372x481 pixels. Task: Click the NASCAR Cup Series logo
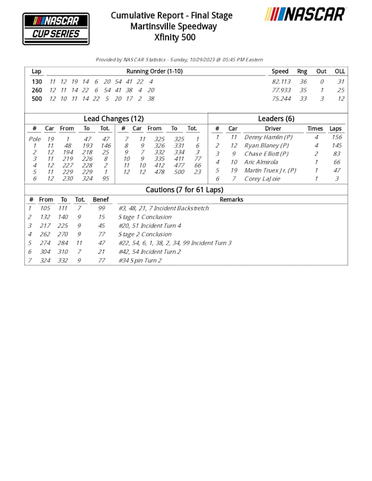click(x=56, y=29)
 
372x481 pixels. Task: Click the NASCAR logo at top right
click(x=306, y=14)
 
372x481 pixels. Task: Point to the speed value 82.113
click(x=281, y=82)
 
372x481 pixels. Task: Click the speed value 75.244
click(x=281, y=99)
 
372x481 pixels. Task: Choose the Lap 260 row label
click(x=37, y=90)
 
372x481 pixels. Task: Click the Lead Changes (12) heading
click(x=114, y=119)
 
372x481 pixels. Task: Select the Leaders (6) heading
click(x=276, y=119)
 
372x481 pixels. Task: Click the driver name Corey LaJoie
click(x=262, y=179)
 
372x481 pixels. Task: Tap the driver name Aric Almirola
click(x=261, y=162)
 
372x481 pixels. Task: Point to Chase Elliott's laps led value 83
click(x=336, y=154)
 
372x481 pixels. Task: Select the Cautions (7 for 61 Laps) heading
click(x=184, y=190)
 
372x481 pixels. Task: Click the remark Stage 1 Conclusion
click(x=145, y=217)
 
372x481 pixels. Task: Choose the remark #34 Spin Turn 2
click(x=140, y=261)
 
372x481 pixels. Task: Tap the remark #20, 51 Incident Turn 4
click(x=149, y=226)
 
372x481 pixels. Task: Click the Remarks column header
click(x=231, y=200)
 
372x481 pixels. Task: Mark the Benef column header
click(x=100, y=200)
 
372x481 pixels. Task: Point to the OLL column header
click(x=340, y=71)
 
